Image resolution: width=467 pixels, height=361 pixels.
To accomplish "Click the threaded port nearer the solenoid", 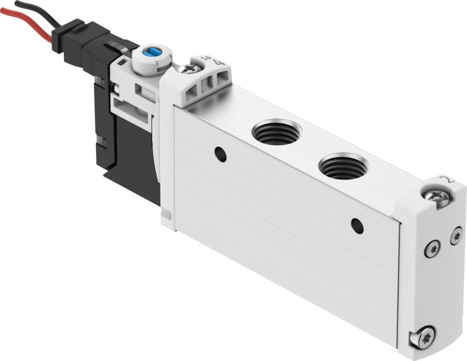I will coord(276,132).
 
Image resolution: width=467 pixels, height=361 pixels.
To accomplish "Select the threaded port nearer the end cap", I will coord(343,167).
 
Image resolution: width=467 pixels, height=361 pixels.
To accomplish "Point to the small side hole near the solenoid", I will coord(220,154).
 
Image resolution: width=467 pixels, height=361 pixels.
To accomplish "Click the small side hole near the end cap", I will coord(357,226).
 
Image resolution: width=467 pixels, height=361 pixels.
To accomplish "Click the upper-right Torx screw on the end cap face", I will coord(456,236).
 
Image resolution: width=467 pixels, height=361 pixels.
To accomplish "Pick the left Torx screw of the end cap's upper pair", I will coord(432,249).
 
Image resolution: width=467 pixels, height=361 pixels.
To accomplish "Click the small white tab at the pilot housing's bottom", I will coord(166,215).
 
